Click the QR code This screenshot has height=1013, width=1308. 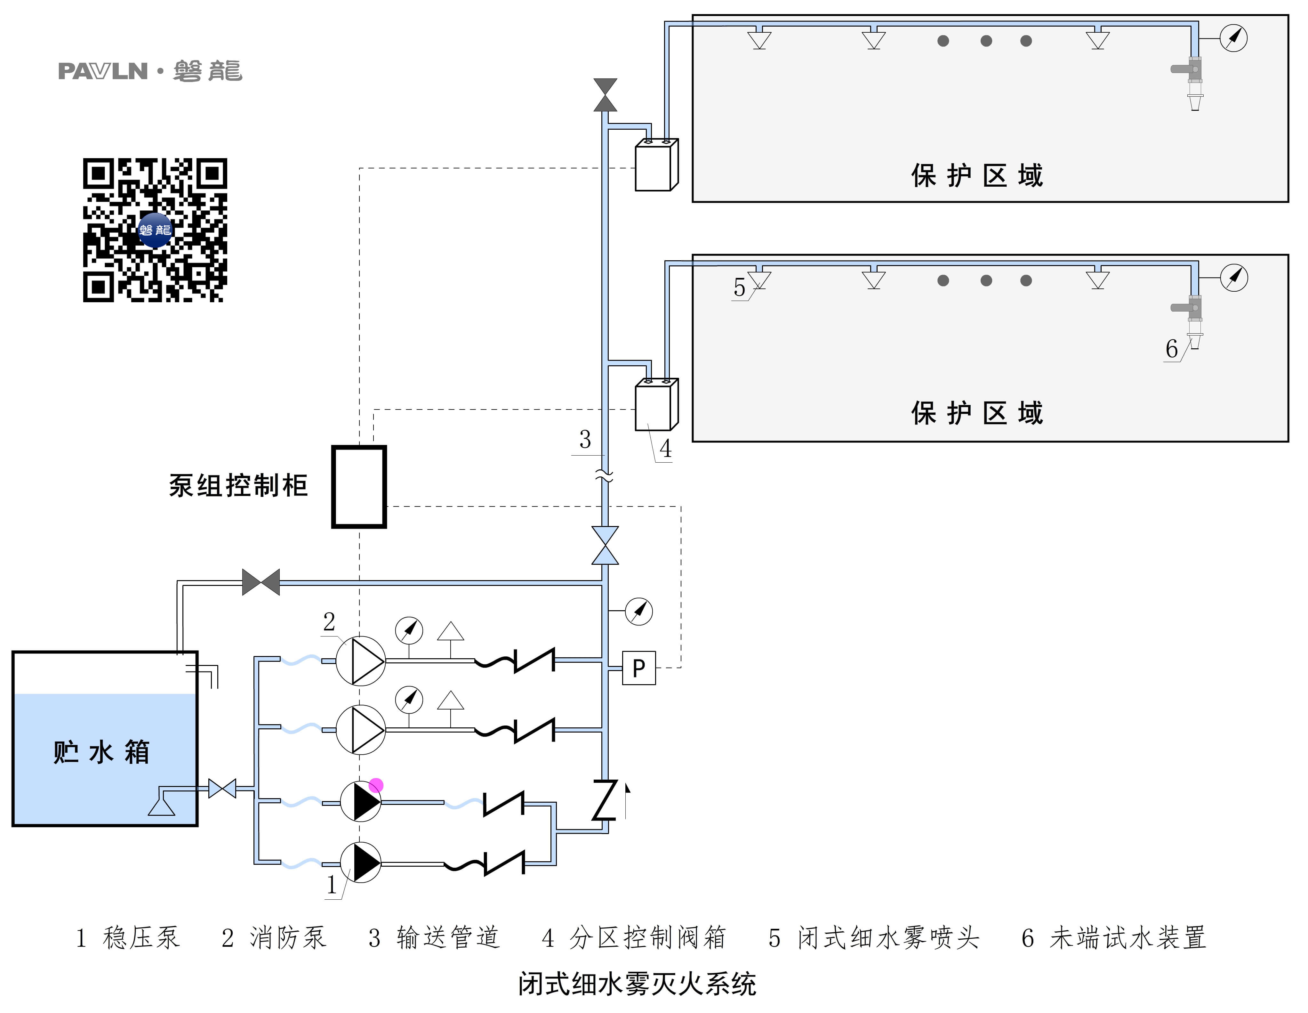tap(155, 230)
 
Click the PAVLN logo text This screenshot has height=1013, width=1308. tap(103, 71)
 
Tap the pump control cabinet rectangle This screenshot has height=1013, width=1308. tap(359, 486)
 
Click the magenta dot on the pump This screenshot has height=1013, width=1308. tap(376, 785)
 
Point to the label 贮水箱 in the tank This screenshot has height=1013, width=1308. tap(101, 752)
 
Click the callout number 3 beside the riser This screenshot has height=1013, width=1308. tap(585, 440)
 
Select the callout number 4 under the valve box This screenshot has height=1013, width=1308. tap(665, 449)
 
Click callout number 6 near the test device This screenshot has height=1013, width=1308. tap(1171, 349)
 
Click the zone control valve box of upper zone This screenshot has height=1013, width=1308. tap(656, 165)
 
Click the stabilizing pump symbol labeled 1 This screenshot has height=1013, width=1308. tap(361, 863)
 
